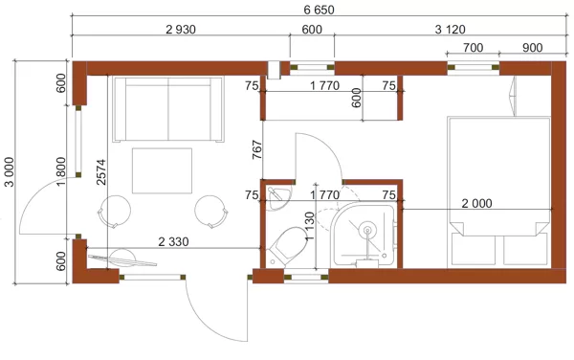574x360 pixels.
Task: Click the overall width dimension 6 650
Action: tap(319, 10)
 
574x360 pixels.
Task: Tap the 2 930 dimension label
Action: tap(181, 30)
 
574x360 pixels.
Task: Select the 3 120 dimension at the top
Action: tap(450, 30)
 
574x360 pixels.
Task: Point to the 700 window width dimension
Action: tap(473, 48)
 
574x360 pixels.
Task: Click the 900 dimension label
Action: tap(532, 48)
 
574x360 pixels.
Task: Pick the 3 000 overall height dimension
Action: tap(10, 171)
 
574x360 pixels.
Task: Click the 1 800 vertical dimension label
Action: tap(61, 171)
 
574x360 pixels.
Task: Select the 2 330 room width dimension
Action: tap(173, 241)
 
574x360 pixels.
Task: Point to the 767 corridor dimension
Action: tap(257, 149)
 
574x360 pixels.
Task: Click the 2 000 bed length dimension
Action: tap(476, 204)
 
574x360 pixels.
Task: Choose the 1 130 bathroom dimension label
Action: tap(310, 226)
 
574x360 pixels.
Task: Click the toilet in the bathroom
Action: tap(286, 246)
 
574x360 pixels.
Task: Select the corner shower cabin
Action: tap(363, 235)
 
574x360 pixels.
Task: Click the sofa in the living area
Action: tap(168, 109)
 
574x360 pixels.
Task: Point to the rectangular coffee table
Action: tap(163, 170)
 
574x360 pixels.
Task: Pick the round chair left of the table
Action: tap(114, 212)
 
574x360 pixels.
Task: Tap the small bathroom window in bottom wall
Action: tap(306, 278)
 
